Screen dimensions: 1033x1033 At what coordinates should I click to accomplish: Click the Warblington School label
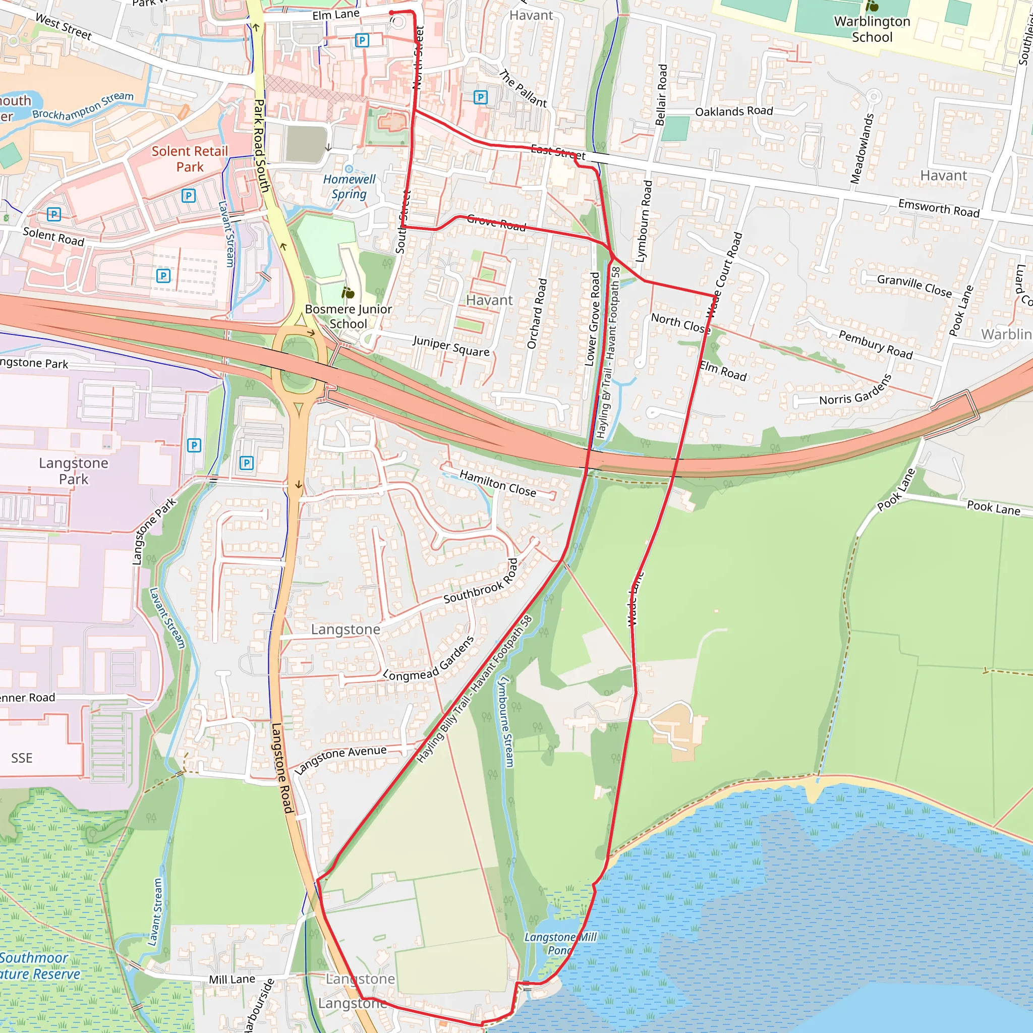coord(872,29)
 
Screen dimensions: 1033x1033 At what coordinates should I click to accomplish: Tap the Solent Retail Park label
coord(190,159)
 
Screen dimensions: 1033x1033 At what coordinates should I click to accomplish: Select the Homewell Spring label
coord(349,186)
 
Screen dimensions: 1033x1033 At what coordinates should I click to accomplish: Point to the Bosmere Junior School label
coord(348,316)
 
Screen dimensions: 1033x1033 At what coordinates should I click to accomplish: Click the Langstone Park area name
coord(74,471)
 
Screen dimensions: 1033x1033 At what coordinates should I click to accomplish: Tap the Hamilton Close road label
coord(497,483)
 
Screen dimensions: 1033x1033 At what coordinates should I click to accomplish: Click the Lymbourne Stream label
coord(505,722)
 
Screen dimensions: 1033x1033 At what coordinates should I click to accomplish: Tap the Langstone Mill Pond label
coord(560,943)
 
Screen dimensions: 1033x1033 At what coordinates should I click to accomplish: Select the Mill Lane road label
coord(232,979)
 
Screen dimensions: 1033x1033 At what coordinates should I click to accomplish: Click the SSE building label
coord(22,758)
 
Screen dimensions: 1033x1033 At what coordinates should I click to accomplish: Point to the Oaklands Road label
coord(733,111)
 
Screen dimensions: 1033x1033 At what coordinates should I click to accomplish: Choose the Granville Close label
coord(914,285)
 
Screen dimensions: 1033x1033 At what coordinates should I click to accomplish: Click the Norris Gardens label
coord(855,391)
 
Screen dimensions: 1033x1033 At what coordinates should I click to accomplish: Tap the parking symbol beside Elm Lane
coord(362,40)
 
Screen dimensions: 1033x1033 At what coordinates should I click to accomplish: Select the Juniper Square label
coord(451,346)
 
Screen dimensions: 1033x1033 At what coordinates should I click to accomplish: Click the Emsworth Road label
coord(938,207)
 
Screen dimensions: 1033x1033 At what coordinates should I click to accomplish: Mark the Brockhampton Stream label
coord(83,105)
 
